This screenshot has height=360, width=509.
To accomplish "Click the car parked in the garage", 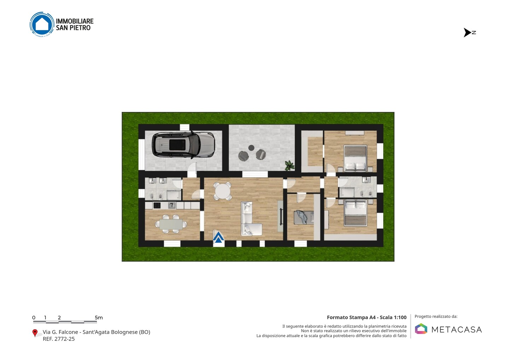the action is pyautogui.click(x=183, y=145).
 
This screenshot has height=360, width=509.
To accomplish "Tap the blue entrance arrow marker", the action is pyautogui.click(x=218, y=237).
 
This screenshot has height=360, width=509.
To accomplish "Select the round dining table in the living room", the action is pyautogui.click(x=222, y=191).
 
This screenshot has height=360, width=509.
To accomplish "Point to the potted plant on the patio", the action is pyautogui.click(x=289, y=166).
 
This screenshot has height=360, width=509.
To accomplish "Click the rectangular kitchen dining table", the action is pyautogui.click(x=171, y=224).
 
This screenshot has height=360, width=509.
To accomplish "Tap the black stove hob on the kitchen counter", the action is pyautogui.click(x=157, y=205).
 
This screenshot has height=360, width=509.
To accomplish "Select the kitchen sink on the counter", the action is pyautogui.click(x=172, y=205).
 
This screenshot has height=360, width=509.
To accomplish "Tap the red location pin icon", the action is pyautogui.click(x=35, y=333).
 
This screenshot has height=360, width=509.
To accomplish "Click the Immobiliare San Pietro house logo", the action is pyautogui.click(x=42, y=24).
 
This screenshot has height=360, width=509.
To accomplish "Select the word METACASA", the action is pyautogui.click(x=457, y=330).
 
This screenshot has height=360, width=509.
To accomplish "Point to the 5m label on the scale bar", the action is pyautogui.click(x=99, y=318).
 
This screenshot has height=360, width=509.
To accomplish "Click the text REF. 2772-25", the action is pyautogui.click(x=59, y=339).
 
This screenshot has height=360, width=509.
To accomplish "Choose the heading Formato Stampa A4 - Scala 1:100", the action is pyautogui.click(x=367, y=317).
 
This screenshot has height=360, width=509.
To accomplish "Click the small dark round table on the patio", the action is pyautogui.click(x=251, y=148).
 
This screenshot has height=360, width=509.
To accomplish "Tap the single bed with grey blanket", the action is pyautogui.click(x=304, y=217).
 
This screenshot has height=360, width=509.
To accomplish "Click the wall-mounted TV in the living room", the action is pyautogui.click(x=281, y=216).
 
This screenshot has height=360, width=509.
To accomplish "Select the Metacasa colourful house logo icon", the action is pyautogui.click(x=421, y=329).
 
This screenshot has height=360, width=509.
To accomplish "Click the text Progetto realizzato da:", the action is pyautogui.click(x=436, y=317).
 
